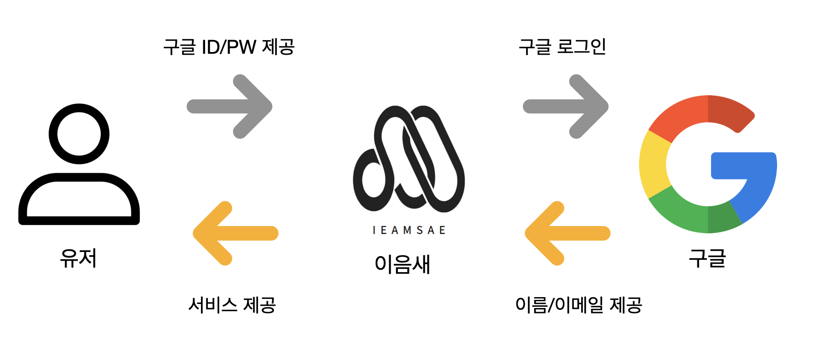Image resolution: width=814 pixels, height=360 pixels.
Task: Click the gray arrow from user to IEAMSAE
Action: (x=229, y=107)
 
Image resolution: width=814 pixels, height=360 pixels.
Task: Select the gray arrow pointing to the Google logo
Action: (x=566, y=107)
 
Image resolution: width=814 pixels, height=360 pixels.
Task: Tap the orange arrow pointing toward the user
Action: (x=235, y=233)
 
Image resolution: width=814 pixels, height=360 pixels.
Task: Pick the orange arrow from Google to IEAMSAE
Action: (x=567, y=233)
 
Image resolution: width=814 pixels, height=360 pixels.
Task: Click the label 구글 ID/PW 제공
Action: (x=229, y=47)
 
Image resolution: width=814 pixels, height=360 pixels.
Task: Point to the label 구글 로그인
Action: (x=562, y=47)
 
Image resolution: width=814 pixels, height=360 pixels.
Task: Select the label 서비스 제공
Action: (x=232, y=305)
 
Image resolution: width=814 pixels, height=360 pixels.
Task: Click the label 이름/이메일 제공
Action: (x=578, y=305)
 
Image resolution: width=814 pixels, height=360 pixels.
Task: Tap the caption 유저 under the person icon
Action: (x=78, y=258)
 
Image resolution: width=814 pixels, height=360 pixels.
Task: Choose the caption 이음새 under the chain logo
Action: (x=402, y=264)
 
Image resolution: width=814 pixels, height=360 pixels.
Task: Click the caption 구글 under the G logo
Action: (x=707, y=258)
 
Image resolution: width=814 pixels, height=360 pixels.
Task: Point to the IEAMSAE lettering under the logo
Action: (x=409, y=230)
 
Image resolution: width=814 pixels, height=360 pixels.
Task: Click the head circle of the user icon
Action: (x=79, y=134)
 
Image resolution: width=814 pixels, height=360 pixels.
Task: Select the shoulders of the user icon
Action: (x=79, y=201)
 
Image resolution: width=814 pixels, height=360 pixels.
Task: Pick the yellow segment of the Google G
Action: (x=653, y=164)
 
